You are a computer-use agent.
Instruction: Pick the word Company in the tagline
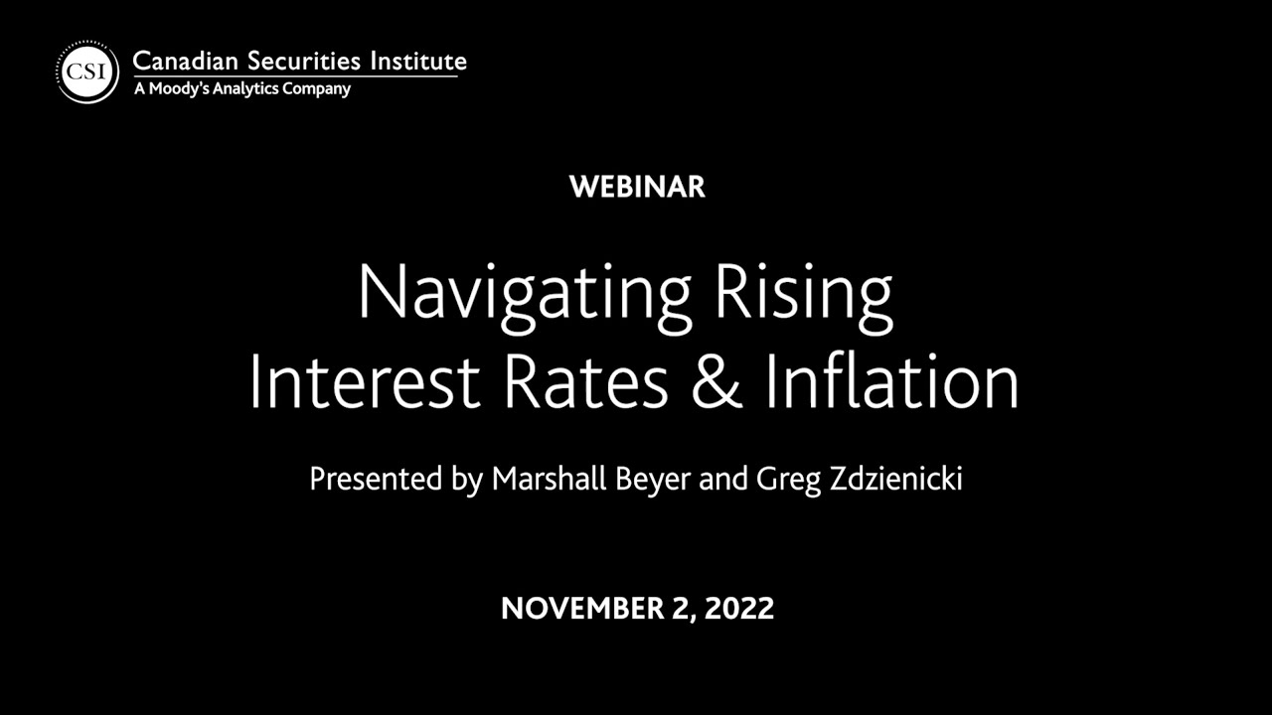(320, 88)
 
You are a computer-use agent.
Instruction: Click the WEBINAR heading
(637, 187)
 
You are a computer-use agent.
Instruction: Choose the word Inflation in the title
(891, 382)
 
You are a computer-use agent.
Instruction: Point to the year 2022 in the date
(738, 608)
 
